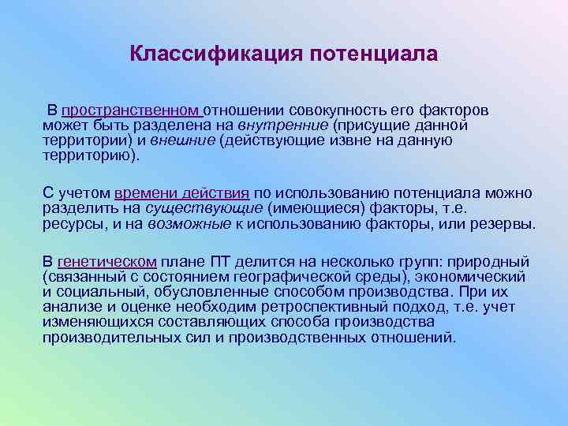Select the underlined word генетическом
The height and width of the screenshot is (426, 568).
coord(107,261)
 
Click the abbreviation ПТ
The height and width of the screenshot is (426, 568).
coord(222,261)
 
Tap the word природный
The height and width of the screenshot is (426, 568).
coord(495,261)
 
